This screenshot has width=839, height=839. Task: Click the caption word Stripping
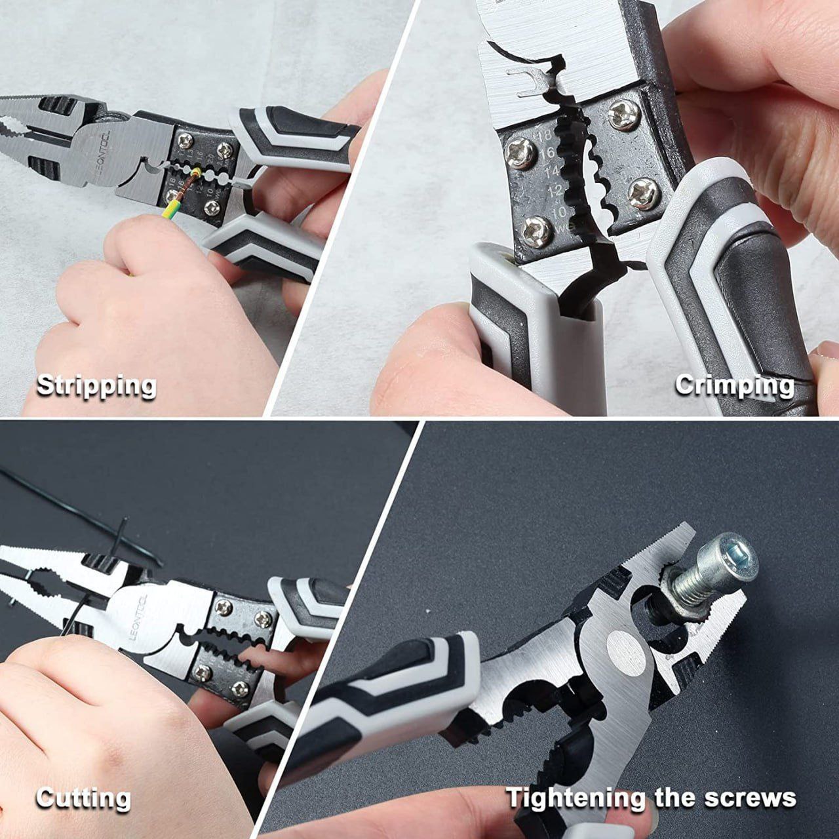96,385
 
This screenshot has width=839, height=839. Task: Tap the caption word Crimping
734,385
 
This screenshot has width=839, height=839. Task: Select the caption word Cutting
83,798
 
